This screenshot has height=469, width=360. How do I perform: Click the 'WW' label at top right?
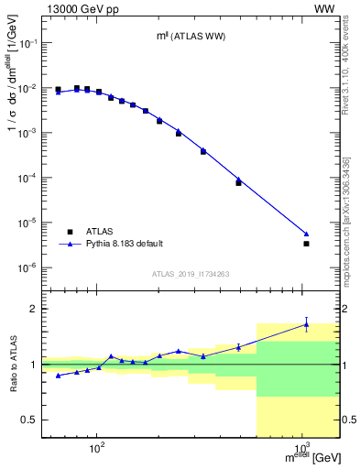point(325,8)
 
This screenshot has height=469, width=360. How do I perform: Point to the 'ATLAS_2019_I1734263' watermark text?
point(191,273)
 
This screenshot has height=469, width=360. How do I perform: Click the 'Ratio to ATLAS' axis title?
point(13,365)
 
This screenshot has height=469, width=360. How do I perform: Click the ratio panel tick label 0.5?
point(32,420)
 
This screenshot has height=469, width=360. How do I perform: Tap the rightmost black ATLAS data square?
point(307,244)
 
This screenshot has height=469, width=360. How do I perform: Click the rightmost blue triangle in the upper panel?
point(307,234)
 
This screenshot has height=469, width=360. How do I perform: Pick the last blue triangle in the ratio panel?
point(307,323)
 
